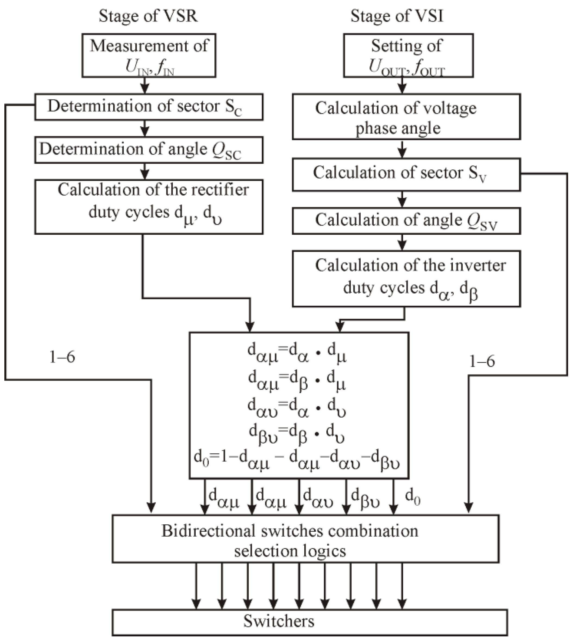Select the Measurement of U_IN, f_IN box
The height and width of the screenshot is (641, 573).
click(149, 56)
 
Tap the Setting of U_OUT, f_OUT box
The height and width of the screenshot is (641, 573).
click(408, 56)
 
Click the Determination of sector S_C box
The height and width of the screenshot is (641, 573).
click(149, 107)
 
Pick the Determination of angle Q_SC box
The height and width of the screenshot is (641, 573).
click(149, 150)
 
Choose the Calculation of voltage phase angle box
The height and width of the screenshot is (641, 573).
click(406, 117)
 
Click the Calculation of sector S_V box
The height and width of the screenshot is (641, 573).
click(406, 174)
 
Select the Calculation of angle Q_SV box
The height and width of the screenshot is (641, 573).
click(406, 220)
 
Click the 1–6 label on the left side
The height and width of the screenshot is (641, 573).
click(62, 357)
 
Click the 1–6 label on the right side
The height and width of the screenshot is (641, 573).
click(482, 361)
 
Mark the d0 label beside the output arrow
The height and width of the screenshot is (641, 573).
click(413, 497)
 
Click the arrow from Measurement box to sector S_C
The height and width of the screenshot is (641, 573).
click(145, 85)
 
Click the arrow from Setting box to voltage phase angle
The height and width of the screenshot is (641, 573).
click(402, 85)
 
